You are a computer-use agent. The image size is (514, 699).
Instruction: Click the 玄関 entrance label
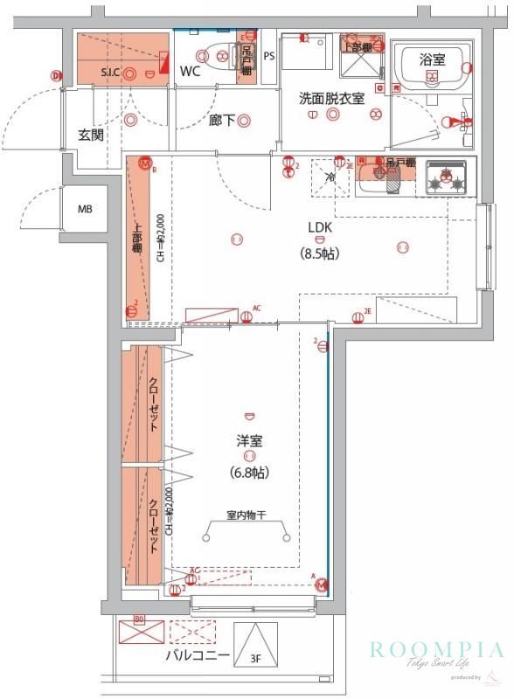91,135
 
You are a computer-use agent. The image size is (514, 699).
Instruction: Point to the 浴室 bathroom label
432,59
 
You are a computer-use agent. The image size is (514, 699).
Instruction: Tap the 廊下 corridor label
221,121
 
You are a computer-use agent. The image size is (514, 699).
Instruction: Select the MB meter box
85,209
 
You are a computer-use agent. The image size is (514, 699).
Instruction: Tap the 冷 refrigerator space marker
330,177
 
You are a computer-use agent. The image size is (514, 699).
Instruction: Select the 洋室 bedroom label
249,441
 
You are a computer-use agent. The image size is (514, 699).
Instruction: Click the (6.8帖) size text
249,473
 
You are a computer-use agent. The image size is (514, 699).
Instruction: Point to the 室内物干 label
247,516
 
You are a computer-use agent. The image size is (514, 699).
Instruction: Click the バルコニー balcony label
199,654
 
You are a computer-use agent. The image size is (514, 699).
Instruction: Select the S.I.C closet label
111,72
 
